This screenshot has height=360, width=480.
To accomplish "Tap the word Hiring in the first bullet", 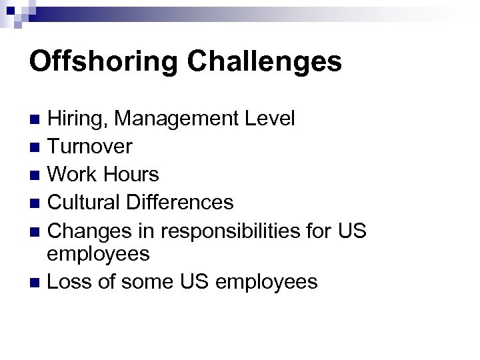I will [77, 119].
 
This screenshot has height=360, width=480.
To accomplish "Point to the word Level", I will [271, 119].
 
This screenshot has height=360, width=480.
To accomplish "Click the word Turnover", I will [91, 147].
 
